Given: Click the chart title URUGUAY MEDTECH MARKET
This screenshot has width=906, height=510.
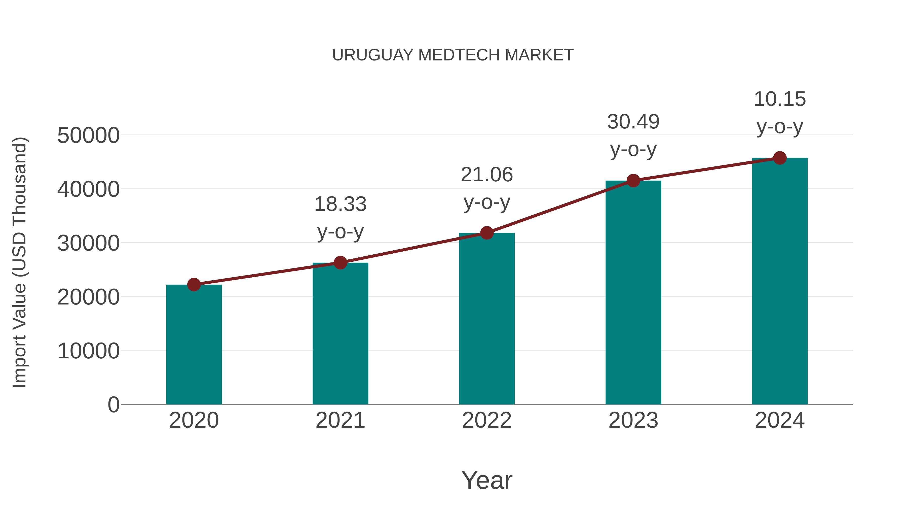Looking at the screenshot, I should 453,55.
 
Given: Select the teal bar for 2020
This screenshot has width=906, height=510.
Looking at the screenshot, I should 194,345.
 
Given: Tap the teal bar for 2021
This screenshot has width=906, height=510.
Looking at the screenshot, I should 340,334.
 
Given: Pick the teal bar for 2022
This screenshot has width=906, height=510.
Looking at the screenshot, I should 487,319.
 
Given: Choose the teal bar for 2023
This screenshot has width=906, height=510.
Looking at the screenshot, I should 633,292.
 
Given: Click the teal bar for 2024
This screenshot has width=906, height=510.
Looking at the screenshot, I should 780,282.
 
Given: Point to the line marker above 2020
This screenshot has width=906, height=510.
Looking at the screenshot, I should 194,284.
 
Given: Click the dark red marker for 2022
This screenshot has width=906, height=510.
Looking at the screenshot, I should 487,233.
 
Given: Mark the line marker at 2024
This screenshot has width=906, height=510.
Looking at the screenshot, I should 780,158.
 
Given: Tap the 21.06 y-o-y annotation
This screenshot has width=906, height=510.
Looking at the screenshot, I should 487,188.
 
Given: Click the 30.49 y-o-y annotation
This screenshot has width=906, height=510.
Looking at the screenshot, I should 633,135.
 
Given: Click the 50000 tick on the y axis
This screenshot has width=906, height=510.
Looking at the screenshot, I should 88,135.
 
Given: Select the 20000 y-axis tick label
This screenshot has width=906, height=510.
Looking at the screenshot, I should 88,297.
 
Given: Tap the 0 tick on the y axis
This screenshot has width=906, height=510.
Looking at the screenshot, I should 114,405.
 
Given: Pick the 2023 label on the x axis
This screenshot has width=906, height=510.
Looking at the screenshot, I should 633,420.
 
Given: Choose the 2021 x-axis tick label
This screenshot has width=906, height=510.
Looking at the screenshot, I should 340,420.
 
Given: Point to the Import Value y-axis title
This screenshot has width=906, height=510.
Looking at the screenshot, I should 20,262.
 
